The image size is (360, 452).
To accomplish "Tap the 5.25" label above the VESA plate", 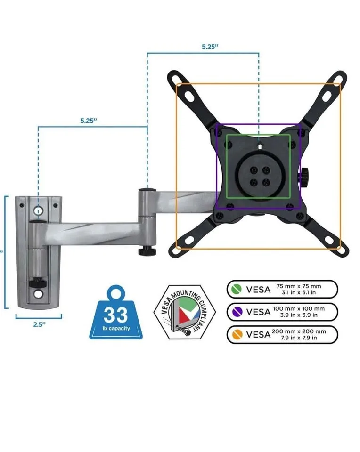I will [x=210, y=47].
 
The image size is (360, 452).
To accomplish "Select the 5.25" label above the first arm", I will [x=88, y=120].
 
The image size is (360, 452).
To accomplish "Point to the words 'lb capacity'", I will [x=115, y=328].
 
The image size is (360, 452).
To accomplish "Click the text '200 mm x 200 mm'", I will [x=298, y=331].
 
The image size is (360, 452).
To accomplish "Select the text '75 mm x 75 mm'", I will [x=298, y=286].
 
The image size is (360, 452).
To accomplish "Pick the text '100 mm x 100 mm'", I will [x=298, y=308].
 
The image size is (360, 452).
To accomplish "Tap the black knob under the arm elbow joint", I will [x=147, y=250].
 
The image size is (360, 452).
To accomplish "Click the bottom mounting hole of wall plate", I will [x=38, y=294].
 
